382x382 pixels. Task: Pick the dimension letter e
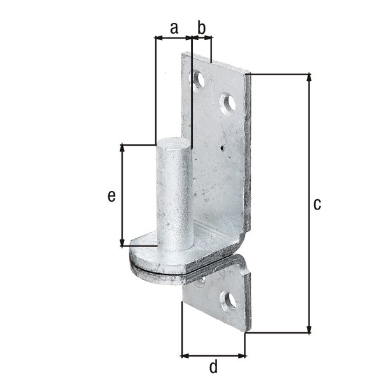(111, 197)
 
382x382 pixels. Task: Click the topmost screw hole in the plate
(199, 80)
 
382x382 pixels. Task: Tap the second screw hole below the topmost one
(227, 103)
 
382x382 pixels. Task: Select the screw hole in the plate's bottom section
(227, 300)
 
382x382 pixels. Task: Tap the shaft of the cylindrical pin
(173, 197)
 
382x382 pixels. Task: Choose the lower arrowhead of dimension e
(122, 242)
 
